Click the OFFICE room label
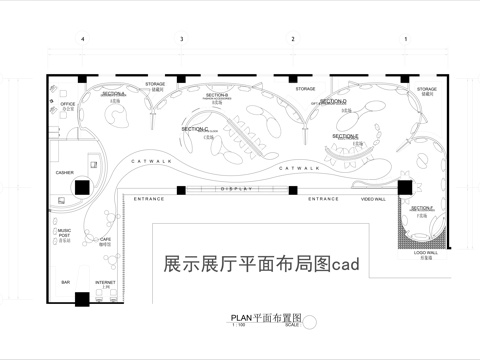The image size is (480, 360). click(x=67, y=103)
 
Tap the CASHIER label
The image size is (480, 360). click(x=65, y=173)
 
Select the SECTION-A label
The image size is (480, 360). click(x=113, y=92)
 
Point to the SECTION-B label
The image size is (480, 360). click(x=217, y=95)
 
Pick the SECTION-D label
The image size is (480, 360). click(x=333, y=101)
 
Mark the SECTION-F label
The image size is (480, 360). click(x=421, y=208)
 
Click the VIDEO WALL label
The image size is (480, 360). click(x=373, y=199)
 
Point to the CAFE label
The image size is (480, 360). click(x=105, y=239)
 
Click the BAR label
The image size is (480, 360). click(x=66, y=283)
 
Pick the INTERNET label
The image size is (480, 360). click(x=105, y=283)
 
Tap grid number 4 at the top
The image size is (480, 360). click(x=83, y=38)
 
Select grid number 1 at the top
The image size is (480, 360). click(x=405, y=38)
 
